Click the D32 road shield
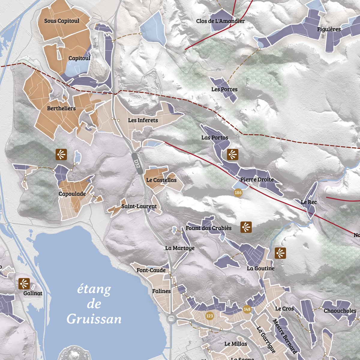click(x=137, y=164)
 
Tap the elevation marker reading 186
click(x=238, y=193)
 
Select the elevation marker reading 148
click(x=247, y=309)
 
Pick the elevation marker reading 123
click(x=210, y=316)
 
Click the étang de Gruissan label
click(x=94, y=304)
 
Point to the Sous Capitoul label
click(x=62, y=21)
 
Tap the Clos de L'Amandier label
click(x=220, y=21)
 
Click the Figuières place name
click(x=329, y=29)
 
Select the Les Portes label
click(x=224, y=89)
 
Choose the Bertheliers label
click(x=61, y=108)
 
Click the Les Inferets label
click(x=143, y=120)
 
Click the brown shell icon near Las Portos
click(x=232, y=154)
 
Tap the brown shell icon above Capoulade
click(x=61, y=154)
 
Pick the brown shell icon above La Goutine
click(x=280, y=253)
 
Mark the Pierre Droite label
click(x=257, y=179)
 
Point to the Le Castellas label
click(x=161, y=180)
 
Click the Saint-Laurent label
click(x=139, y=206)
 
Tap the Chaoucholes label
click(x=340, y=311)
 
